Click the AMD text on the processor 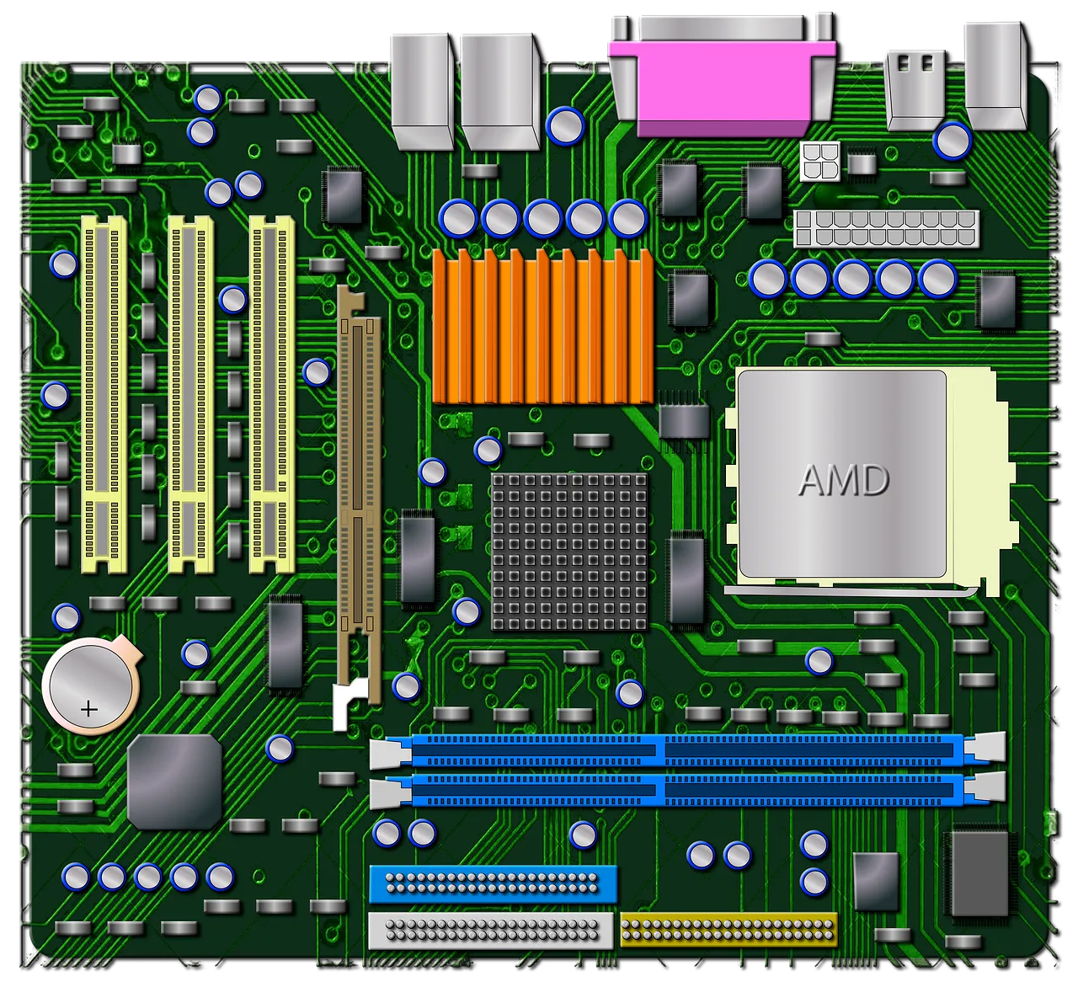(842, 480)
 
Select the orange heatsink (543, 328)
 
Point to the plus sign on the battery (88, 709)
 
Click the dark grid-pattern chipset (569, 552)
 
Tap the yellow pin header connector (728, 929)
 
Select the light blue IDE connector (493, 884)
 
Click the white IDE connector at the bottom (491, 930)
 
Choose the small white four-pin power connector (820, 161)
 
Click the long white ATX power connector (886, 228)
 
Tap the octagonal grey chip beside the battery (174, 781)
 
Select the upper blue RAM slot (686, 749)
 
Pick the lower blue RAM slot (686, 790)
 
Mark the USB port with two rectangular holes (915, 84)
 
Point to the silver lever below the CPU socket (851, 592)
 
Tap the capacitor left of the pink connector (565, 125)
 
